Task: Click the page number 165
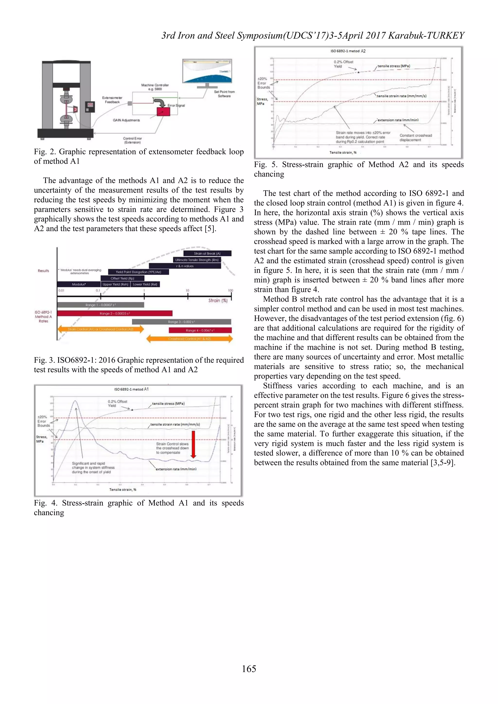pyautogui.click(x=249, y=669)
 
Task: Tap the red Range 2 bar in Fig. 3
pyautogui.click(x=115, y=313)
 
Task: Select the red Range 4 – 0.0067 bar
pyautogui.click(x=200, y=330)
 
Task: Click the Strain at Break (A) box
pyautogui.click(x=207, y=253)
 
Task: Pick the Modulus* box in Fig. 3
pyautogui.click(x=79, y=284)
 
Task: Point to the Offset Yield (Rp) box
pyautogui.click(x=122, y=278)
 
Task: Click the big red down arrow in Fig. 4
pyautogui.click(x=193, y=444)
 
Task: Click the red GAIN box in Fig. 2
pyautogui.click(x=163, y=112)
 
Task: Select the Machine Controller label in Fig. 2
pyautogui.click(x=155, y=87)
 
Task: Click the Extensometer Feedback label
pyautogui.click(x=112, y=100)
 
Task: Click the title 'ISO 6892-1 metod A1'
pyautogui.click(x=131, y=389)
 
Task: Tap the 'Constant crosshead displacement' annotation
pyautogui.click(x=416, y=138)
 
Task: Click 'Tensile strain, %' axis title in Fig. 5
pyautogui.click(x=343, y=152)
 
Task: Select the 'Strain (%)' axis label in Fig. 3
pyautogui.click(x=218, y=300)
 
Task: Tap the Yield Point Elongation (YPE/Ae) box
pyautogui.click(x=138, y=272)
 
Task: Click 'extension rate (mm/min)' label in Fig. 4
pyautogui.click(x=176, y=469)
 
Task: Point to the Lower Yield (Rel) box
pyautogui.click(x=145, y=284)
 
